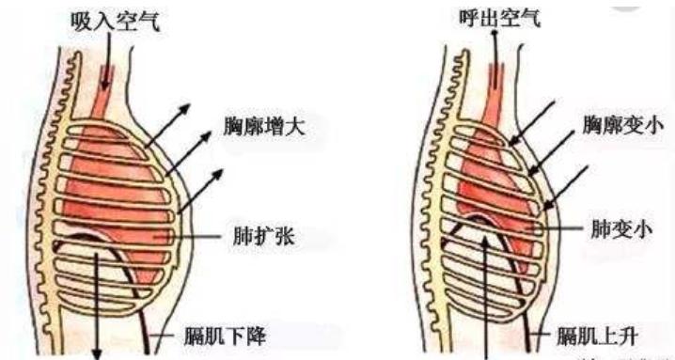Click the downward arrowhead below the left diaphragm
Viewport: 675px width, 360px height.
(99, 351)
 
